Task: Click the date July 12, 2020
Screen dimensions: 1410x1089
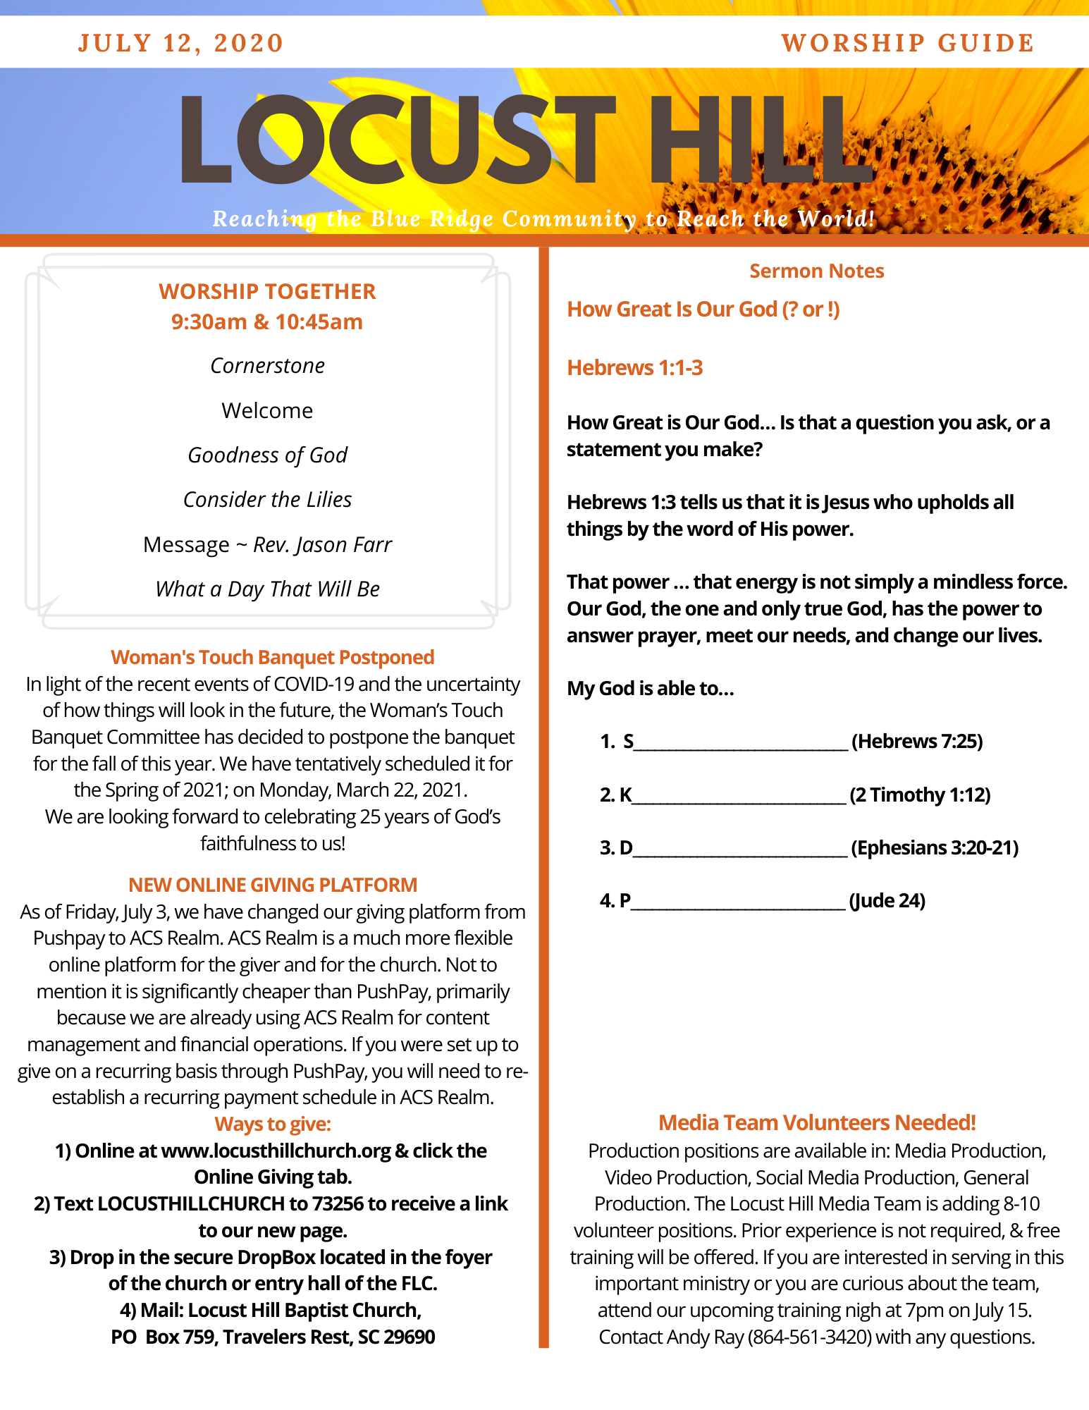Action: [x=180, y=43]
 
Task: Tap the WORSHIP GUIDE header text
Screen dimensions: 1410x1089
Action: [x=907, y=43]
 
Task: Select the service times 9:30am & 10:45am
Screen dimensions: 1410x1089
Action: [x=267, y=322]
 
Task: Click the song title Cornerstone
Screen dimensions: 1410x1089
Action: [x=267, y=366]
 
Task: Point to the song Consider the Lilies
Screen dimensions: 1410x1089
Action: [x=267, y=500]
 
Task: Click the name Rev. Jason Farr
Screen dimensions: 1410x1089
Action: [x=322, y=545]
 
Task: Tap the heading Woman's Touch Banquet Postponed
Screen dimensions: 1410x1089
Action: [x=272, y=657]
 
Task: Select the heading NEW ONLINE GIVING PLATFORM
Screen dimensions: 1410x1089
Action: [x=273, y=885]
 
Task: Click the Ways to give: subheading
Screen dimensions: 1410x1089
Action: [x=273, y=1124]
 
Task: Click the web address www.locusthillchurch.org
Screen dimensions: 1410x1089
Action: [x=276, y=1151]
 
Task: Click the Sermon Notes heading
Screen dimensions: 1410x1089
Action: [x=816, y=271]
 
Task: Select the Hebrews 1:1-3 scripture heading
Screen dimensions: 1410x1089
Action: [x=634, y=368]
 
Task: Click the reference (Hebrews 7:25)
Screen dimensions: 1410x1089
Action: [x=917, y=741]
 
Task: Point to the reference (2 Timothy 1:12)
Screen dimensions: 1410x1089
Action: [x=920, y=795]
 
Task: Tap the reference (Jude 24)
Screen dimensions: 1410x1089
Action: [x=887, y=900]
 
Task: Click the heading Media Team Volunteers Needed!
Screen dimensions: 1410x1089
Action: [x=817, y=1122]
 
